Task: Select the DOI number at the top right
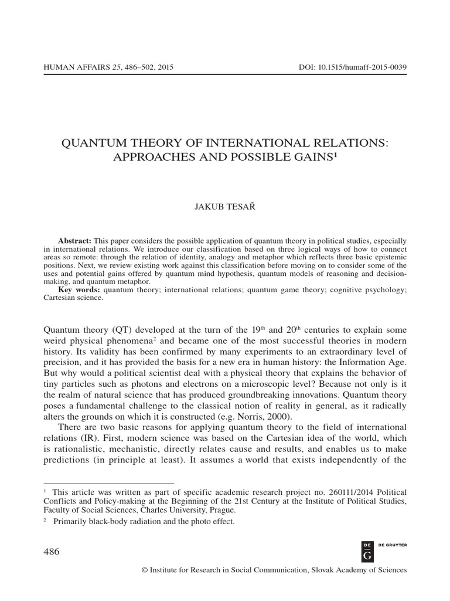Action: (352, 67)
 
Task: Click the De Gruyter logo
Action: (367, 551)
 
